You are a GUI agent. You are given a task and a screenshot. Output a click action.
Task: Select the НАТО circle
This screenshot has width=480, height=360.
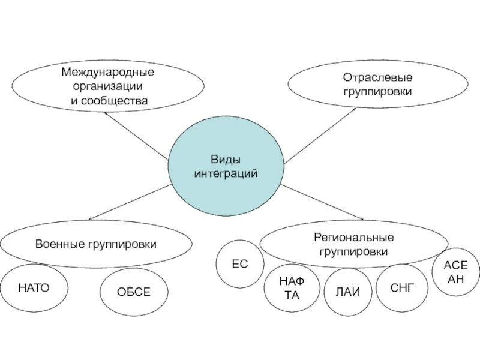point(34,288)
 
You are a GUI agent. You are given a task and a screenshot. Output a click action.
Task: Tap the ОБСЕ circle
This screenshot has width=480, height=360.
point(133,292)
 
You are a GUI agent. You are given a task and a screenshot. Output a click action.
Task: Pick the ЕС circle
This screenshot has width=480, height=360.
point(239,264)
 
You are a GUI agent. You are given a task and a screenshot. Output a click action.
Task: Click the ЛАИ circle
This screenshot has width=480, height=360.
point(348,292)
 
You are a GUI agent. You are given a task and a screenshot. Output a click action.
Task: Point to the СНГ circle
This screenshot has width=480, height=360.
point(401,288)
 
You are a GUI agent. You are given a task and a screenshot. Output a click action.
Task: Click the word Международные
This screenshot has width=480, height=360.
point(108,73)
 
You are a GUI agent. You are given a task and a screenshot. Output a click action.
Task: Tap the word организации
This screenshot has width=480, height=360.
point(108,86)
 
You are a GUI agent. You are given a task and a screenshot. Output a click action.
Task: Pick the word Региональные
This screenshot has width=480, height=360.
point(353,238)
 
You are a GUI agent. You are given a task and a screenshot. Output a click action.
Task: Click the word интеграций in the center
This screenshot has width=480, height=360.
point(225,173)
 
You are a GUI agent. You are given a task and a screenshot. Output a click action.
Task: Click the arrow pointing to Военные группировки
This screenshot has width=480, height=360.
point(129,202)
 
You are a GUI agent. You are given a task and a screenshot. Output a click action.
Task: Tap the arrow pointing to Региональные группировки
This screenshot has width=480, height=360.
point(323,202)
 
